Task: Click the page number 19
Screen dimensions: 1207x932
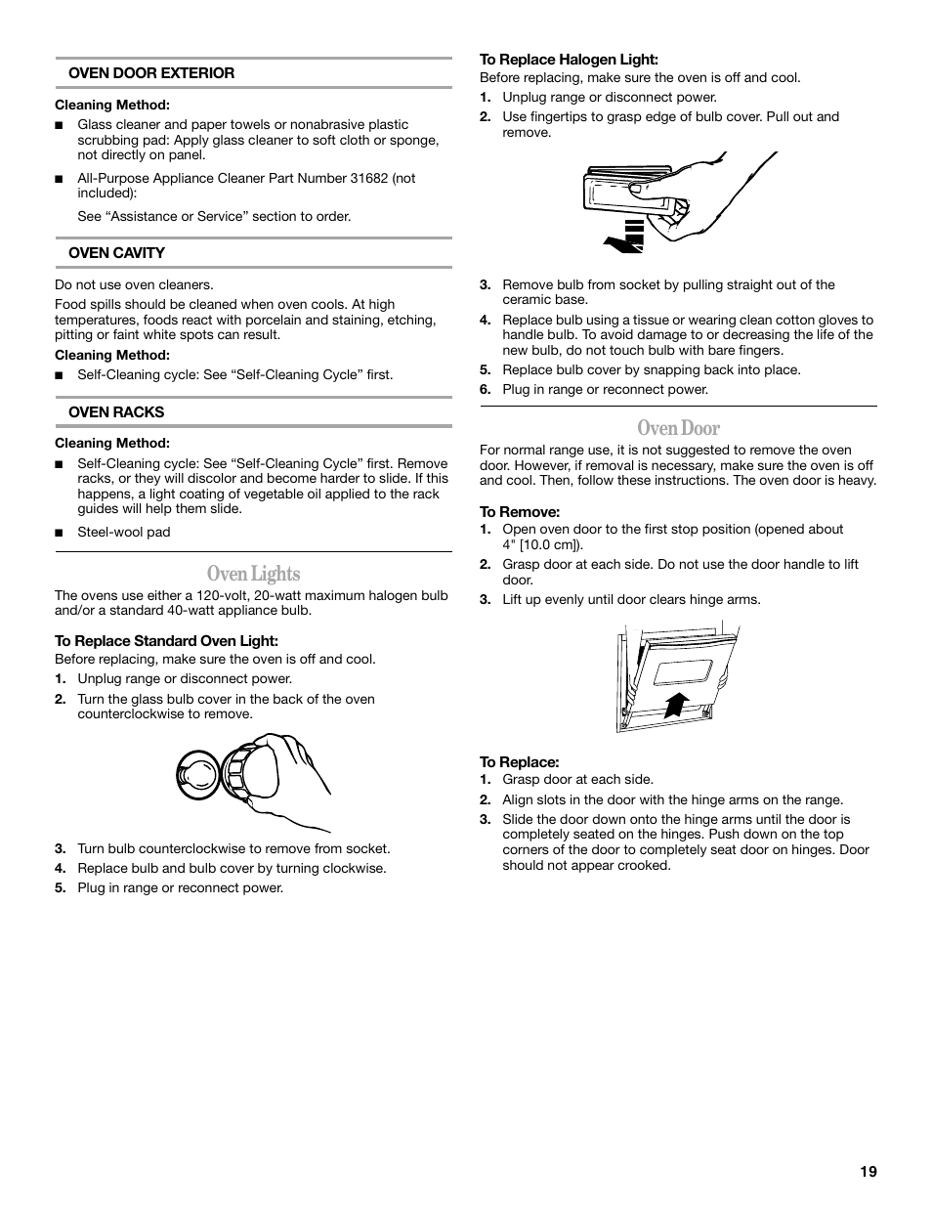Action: coord(868,1172)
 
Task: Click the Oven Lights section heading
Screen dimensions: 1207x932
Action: coord(253,574)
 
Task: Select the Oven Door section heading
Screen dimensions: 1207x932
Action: coord(678,428)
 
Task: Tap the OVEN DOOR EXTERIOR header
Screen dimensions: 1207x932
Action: coord(150,73)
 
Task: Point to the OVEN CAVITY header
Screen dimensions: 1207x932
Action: coord(116,253)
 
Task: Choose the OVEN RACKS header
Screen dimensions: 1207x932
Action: coord(115,412)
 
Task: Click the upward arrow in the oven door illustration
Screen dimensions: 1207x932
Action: coord(675,704)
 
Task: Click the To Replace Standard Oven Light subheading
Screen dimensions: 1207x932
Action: coord(166,641)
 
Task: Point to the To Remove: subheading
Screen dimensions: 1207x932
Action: coord(519,512)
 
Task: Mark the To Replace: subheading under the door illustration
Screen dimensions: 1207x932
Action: coord(519,762)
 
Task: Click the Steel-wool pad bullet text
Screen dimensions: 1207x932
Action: coord(123,533)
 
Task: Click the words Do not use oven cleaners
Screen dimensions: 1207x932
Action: coord(134,285)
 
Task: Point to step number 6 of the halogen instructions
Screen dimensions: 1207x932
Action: coord(485,390)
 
